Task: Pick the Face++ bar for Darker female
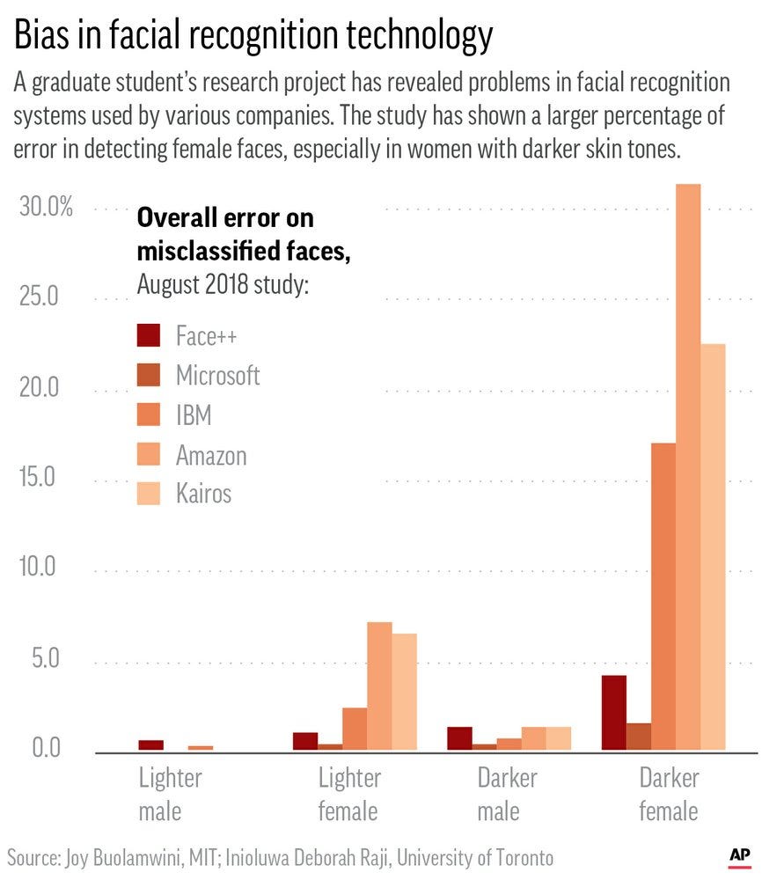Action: tap(613, 713)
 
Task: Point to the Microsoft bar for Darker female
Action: tap(638, 737)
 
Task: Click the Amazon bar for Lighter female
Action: tap(379, 686)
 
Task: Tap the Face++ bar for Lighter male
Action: tap(151, 745)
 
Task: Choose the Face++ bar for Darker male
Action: tap(459, 738)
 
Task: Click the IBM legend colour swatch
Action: tap(150, 415)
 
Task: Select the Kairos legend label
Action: tap(203, 493)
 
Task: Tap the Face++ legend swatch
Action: tap(150, 336)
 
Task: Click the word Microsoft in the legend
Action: tap(217, 376)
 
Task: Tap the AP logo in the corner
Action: tap(738, 854)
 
